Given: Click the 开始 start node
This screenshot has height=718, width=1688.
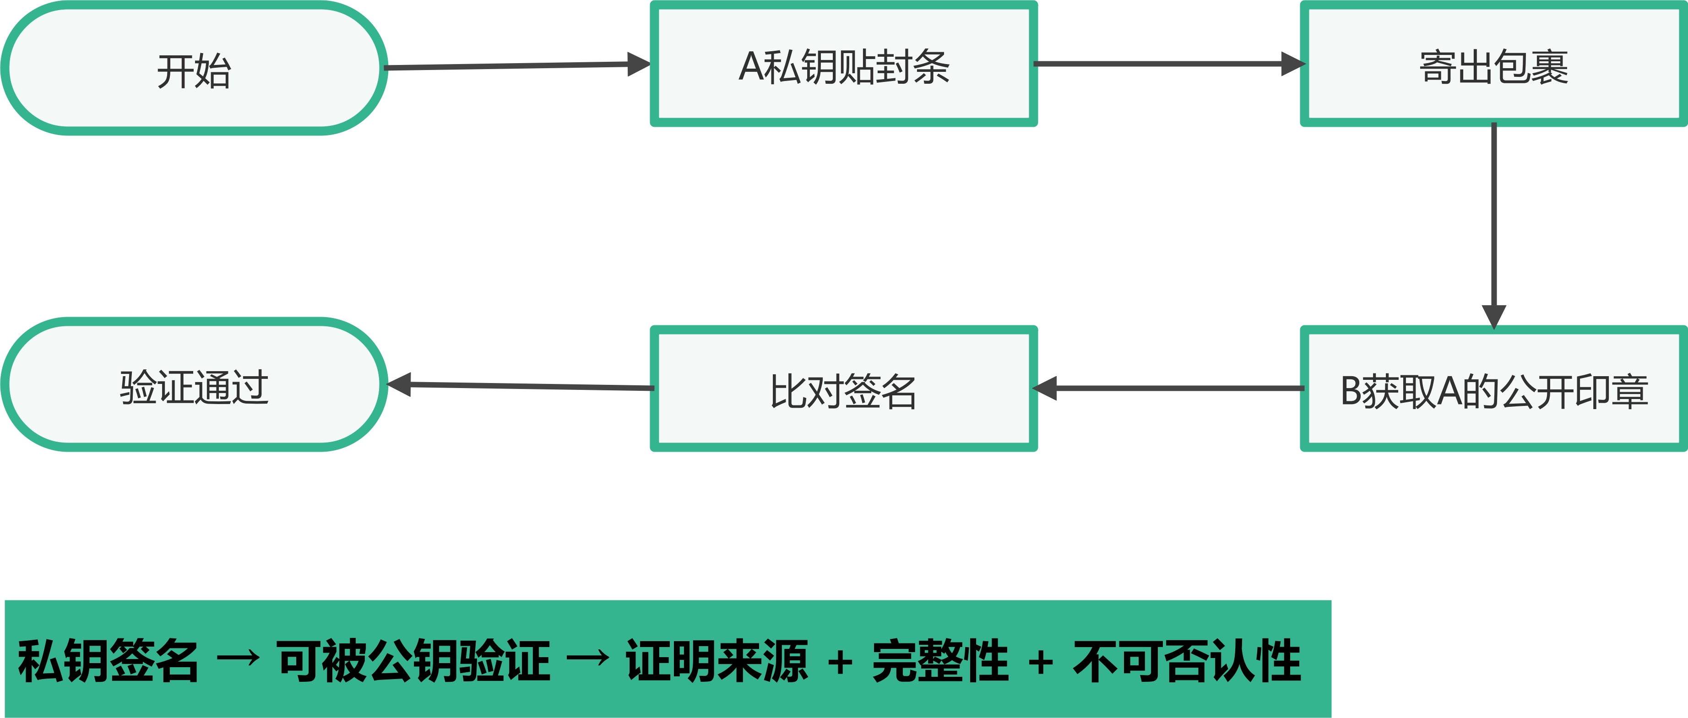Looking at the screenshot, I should pyautogui.click(x=194, y=69).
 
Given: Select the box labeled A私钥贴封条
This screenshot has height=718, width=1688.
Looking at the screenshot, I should pyautogui.click(x=843, y=65).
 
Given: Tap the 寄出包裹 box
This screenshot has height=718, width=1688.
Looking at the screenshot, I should pyautogui.click(x=1493, y=65).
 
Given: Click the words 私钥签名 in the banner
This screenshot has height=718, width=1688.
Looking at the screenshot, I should pyautogui.click(x=108, y=661).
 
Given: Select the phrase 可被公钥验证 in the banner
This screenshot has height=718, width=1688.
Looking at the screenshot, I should pyautogui.click(x=413, y=661).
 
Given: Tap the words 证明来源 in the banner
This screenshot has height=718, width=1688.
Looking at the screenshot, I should pyautogui.click(x=716, y=661).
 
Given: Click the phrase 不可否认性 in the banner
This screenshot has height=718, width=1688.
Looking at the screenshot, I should pyautogui.click(x=1187, y=661).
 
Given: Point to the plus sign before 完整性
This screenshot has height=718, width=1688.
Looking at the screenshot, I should pyautogui.click(x=840, y=663).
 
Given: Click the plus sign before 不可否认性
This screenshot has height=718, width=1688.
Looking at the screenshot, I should pyautogui.click(x=1041, y=663).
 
